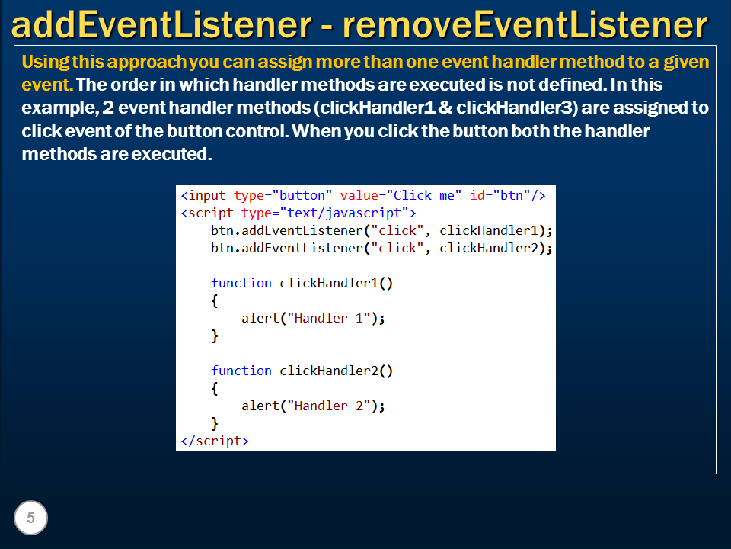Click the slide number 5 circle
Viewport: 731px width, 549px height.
(30, 518)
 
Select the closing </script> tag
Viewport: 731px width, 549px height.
(215, 441)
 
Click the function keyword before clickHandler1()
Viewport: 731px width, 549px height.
(241, 283)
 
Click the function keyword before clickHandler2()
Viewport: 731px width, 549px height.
(241, 371)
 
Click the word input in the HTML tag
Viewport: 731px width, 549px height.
(207, 195)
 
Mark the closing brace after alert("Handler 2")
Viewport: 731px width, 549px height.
(215, 423)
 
